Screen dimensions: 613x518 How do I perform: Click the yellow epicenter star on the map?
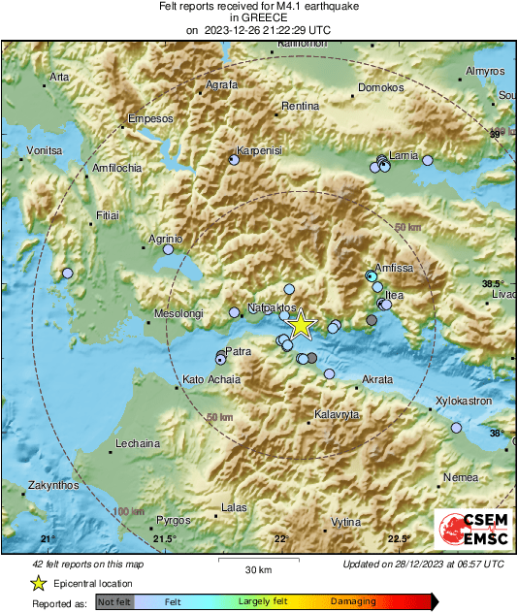point(302,325)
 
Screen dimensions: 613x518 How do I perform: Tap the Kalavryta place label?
point(338,414)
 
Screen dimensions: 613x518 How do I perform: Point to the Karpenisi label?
point(260,151)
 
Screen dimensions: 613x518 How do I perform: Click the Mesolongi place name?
point(178,314)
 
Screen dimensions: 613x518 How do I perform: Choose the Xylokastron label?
point(463,400)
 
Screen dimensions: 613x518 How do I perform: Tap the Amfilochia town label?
point(115,168)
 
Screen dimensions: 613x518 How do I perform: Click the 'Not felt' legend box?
point(114,601)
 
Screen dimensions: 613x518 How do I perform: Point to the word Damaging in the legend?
point(353,601)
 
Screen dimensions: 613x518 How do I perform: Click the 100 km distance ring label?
point(128,511)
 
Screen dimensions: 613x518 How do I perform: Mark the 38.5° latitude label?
point(494,283)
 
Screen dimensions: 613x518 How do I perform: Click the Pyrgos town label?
point(174,520)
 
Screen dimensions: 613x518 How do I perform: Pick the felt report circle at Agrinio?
point(168,249)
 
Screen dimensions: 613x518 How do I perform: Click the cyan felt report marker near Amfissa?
point(371,276)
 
